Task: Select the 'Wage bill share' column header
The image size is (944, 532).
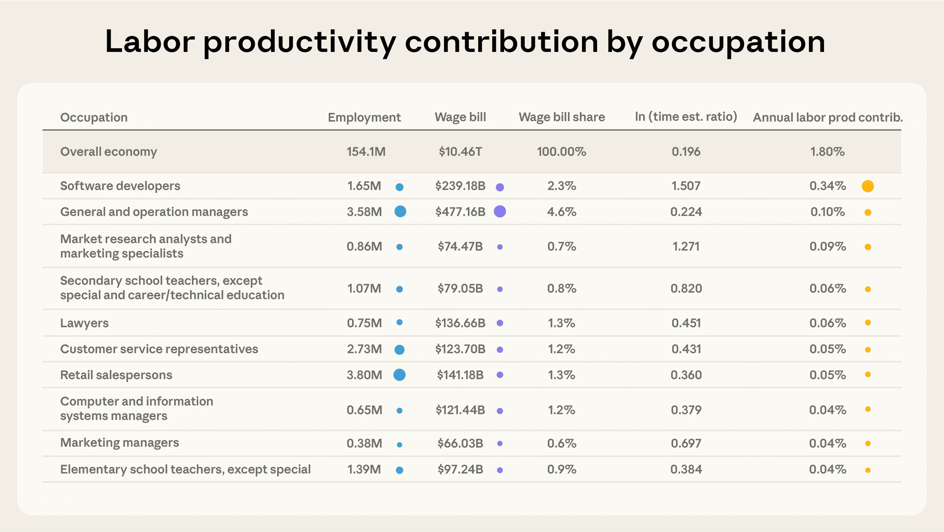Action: point(562,117)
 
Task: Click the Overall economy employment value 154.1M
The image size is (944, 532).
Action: point(366,152)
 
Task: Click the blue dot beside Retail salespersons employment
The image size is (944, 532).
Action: point(399,375)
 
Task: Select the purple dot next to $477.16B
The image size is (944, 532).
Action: point(500,212)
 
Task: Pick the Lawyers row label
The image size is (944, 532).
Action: point(84,323)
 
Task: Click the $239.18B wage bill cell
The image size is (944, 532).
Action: point(460,186)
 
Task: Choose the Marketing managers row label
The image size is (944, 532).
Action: point(119,443)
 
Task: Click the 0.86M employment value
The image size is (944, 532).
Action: point(364,246)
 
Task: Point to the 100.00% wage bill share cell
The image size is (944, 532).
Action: point(562,152)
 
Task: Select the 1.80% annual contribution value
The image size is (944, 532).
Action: point(827,152)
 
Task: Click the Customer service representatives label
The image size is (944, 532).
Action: point(159,349)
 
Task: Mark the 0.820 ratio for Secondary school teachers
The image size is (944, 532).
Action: point(686,289)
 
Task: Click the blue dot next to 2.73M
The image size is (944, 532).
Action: point(399,350)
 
